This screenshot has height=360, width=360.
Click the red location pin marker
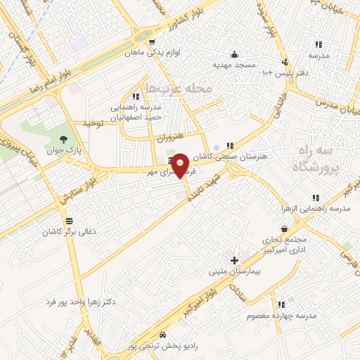[x=181, y=165]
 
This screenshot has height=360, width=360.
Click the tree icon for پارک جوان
[x=64, y=139]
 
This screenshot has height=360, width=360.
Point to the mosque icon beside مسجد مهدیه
[x=233, y=54]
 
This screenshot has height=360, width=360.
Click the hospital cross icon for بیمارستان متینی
[x=233, y=260]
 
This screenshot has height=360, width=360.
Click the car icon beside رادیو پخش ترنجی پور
[x=163, y=335]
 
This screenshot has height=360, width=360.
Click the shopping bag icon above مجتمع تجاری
[x=283, y=229]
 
